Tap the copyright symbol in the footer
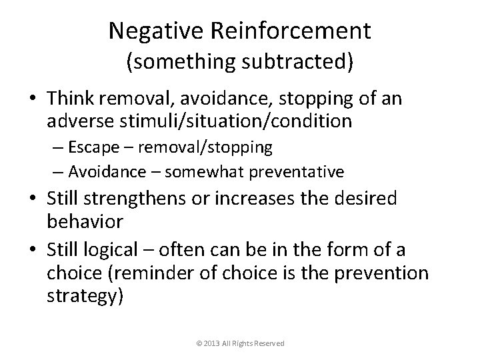pos(199,343)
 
